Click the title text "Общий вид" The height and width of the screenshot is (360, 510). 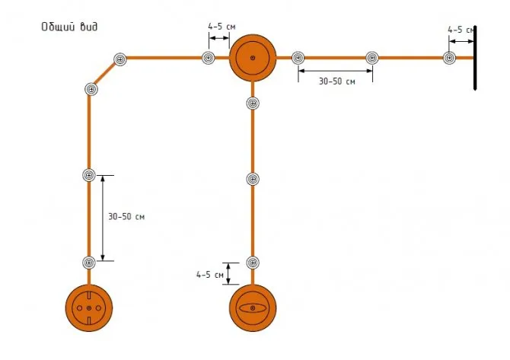pyautogui.click(x=69, y=27)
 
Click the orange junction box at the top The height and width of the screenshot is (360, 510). pyautogui.click(x=253, y=58)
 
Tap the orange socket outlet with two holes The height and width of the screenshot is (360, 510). pyautogui.click(x=89, y=307)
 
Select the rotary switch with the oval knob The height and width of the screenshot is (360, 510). pyautogui.click(x=253, y=307)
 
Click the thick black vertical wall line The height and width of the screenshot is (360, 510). pyautogui.click(x=475, y=58)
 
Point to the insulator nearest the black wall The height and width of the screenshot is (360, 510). pyautogui.click(x=449, y=58)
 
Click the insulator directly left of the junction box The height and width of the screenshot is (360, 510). pyautogui.click(x=208, y=58)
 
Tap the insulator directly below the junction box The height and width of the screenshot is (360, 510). pyautogui.click(x=253, y=103)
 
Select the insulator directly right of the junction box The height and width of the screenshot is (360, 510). pyautogui.click(x=298, y=58)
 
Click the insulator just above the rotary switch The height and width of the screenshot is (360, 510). pyautogui.click(x=253, y=263)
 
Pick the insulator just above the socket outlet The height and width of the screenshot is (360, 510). pyautogui.click(x=89, y=262)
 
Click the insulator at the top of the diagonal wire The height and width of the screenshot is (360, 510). pyautogui.click(x=120, y=59)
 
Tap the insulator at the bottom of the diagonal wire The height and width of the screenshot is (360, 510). pyautogui.click(x=91, y=89)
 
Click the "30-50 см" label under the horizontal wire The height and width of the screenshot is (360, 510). pyautogui.click(x=336, y=81)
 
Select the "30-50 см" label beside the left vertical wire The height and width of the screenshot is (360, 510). pyautogui.click(x=126, y=217)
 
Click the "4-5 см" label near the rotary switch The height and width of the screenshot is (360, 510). pyautogui.click(x=210, y=275)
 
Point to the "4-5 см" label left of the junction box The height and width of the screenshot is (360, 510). pyautogui.click(x=222, y=27)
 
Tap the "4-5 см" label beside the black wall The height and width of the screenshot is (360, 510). pyautogui.click(x=461, y=30)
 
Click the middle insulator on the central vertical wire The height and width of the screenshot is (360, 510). pyautogui.click(x=253, y=179)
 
